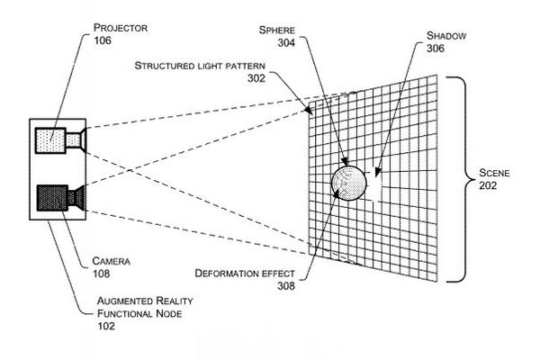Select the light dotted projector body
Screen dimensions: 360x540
coord(51,141)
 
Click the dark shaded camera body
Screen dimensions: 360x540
coord(51,195)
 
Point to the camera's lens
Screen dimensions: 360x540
coord(78,195)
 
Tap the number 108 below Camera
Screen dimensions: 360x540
coord(103,274)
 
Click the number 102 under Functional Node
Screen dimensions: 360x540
coord(106,328)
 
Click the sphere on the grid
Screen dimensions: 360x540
coord(349,183)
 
